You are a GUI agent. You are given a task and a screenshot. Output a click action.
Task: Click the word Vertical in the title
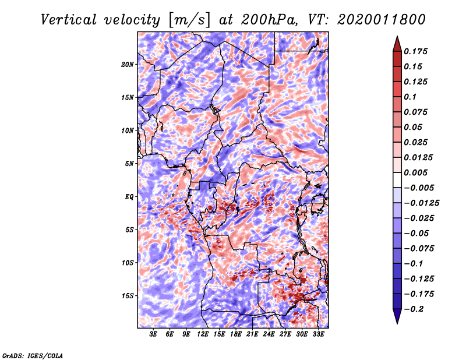68,20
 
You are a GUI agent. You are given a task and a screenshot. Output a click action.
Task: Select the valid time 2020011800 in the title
382,20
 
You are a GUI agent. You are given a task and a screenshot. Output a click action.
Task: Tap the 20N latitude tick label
127,65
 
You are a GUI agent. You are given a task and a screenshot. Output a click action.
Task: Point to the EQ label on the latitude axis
129,197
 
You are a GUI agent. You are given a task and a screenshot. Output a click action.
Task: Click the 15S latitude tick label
127,296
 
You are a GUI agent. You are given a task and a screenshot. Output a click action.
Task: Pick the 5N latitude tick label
129,164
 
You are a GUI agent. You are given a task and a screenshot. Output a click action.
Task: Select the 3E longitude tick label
153,334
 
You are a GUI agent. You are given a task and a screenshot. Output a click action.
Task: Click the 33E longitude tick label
318,334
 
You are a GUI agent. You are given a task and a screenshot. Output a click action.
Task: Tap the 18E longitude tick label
236,334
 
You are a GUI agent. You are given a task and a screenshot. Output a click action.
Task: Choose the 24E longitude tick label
269,334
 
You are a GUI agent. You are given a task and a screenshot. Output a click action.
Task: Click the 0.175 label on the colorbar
415,51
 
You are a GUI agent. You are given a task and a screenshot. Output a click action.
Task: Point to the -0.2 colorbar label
415,309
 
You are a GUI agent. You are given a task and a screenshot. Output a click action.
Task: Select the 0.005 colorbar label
415,172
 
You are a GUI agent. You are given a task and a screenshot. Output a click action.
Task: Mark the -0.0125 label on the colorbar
421,203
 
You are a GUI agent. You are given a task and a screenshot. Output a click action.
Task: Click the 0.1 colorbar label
410,97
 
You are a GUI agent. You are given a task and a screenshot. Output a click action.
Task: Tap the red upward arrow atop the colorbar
397,44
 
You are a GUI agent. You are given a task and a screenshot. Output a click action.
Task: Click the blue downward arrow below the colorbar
397,316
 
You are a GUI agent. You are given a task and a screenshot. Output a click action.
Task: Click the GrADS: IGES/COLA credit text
33,356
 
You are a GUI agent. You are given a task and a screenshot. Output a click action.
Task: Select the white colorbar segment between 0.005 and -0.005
397,180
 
